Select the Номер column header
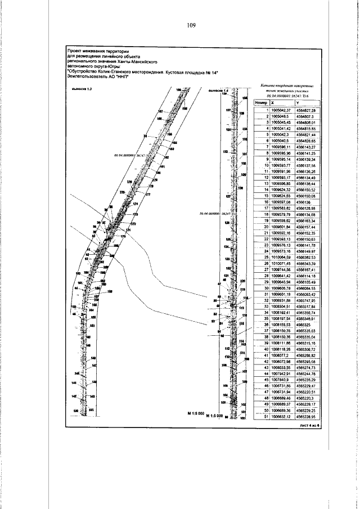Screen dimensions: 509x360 click(260, 103)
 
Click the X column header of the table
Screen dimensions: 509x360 click(273, 103)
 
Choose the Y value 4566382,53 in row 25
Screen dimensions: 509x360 click(306, 257)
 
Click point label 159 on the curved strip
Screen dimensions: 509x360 click(110, 291)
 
